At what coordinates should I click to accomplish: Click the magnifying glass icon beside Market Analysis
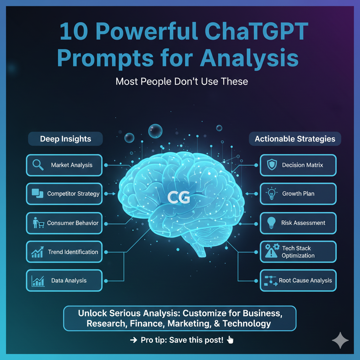click(38, 165)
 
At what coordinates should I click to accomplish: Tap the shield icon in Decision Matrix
click(272, 165)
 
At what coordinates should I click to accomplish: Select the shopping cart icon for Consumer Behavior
click(39, 223)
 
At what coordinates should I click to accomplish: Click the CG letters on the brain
click(179, 198)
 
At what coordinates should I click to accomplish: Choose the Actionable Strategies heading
click(295, 139)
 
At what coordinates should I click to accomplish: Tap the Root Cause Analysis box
click(298, 281)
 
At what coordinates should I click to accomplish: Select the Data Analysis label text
click(69, 281)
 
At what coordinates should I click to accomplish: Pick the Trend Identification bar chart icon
click(38, 252)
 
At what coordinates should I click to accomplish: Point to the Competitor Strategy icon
click(37, 193)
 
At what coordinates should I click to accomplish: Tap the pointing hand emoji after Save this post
click(230, 340)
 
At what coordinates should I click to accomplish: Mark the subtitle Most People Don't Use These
click(182, 82)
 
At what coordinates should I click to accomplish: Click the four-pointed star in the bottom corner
click(340, 340)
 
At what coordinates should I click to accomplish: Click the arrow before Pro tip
click(134, 340)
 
